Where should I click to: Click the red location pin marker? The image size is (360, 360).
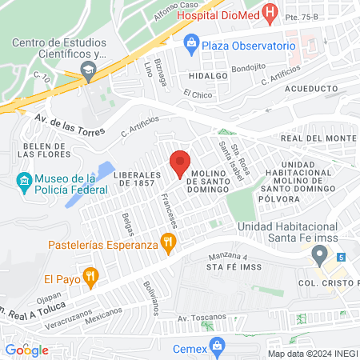(x=181, y=163)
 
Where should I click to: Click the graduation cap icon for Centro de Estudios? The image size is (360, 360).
(x=88, y=71)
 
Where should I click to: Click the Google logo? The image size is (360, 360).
(x=26, y=350)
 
